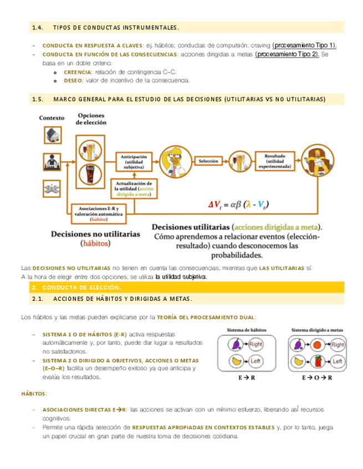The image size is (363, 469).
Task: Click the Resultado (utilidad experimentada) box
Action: [x=275, y=160]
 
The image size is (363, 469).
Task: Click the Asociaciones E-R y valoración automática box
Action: [x=98, y=212]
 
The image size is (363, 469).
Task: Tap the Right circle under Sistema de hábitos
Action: [x=255, y=344]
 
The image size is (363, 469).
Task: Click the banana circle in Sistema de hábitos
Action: [x=236, y=362]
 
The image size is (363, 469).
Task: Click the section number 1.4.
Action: [x=38, y=27]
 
